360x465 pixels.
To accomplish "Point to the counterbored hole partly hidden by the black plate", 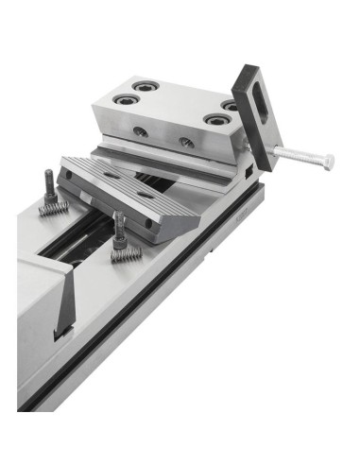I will click(230, 104).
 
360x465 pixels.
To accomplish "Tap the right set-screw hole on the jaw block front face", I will click(187, 143).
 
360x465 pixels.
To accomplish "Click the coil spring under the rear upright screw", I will click(53, 206).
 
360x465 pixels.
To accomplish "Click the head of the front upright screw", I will click(116, 216).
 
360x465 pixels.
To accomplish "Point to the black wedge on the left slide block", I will click(66, 304).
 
